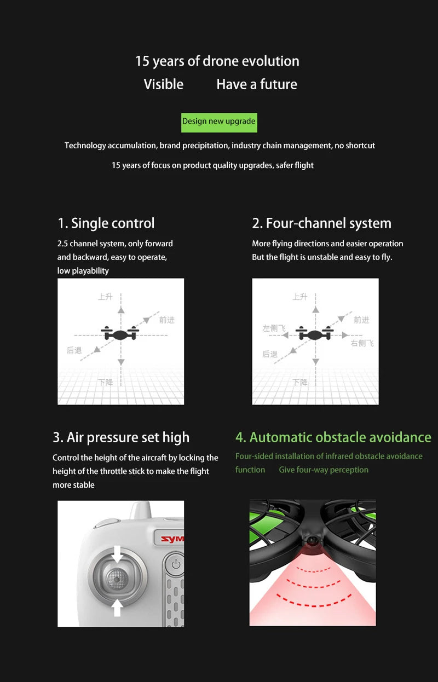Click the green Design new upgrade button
point(219,122)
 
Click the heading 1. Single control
point(106,223)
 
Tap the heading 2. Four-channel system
point(321,223)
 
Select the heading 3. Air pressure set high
point(121,437)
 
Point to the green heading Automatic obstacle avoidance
point(333,437)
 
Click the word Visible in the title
point(164,84)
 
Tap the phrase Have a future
point(257,84)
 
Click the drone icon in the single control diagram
point(120,333)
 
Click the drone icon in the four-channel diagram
point(315,333)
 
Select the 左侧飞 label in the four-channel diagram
point(274,328)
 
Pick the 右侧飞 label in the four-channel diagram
point(362,343)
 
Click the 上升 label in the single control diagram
point(105,297)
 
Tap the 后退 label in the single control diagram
point(74,350)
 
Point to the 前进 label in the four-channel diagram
point(361,320)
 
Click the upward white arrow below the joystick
point(117,607)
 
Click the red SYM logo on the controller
point(172,539)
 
